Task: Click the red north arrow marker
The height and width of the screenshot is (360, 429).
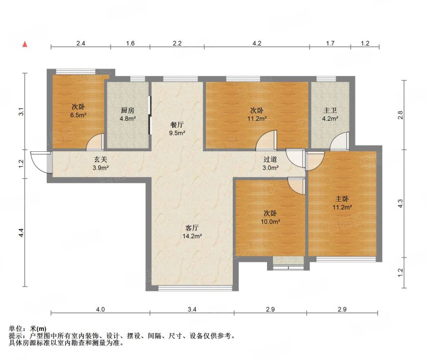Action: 25,44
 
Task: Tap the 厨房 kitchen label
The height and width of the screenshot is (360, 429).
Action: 128,111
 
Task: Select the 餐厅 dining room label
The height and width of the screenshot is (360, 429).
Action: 177,125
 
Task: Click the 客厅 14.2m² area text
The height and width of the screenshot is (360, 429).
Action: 192,236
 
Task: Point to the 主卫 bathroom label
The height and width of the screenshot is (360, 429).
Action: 330,111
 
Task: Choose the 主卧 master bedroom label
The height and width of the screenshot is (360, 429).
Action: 342,199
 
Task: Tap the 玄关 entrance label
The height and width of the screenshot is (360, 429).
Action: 100,159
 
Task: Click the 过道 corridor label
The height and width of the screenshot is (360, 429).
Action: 270,159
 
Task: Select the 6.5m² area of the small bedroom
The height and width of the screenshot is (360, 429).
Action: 78,115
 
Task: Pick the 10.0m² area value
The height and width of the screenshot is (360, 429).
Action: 270,222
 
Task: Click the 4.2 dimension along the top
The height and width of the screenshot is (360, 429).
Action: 257,43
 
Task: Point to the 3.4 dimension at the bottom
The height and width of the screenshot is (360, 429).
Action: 192,310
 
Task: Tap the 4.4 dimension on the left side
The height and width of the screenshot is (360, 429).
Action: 21,233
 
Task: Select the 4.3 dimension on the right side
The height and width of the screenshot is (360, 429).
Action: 400,203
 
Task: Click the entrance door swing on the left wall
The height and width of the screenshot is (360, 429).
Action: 39,162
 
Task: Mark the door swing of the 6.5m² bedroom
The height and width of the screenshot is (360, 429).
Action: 95,142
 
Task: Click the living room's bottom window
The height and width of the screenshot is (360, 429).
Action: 195,288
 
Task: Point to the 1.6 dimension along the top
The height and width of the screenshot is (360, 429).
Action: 130,43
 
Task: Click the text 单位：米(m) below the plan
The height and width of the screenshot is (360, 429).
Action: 28,329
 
